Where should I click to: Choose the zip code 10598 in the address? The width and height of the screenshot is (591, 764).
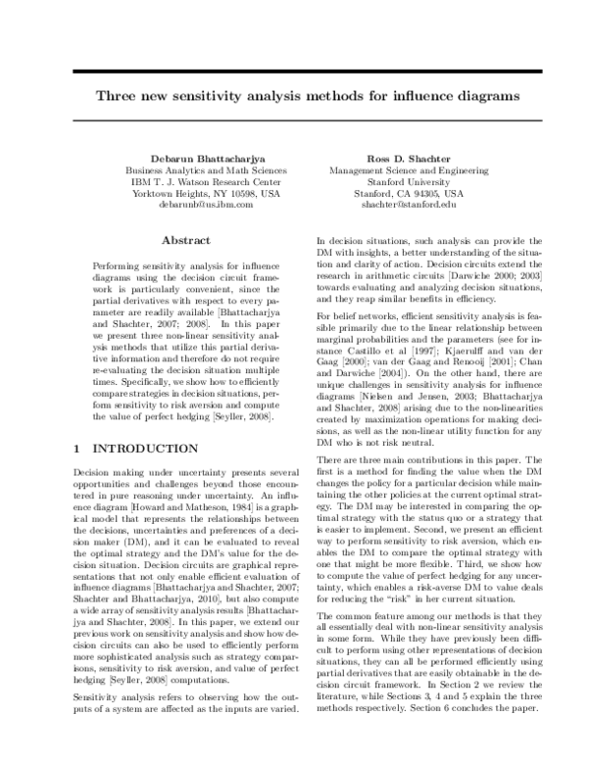pyautogui.click(x=235, y=193)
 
